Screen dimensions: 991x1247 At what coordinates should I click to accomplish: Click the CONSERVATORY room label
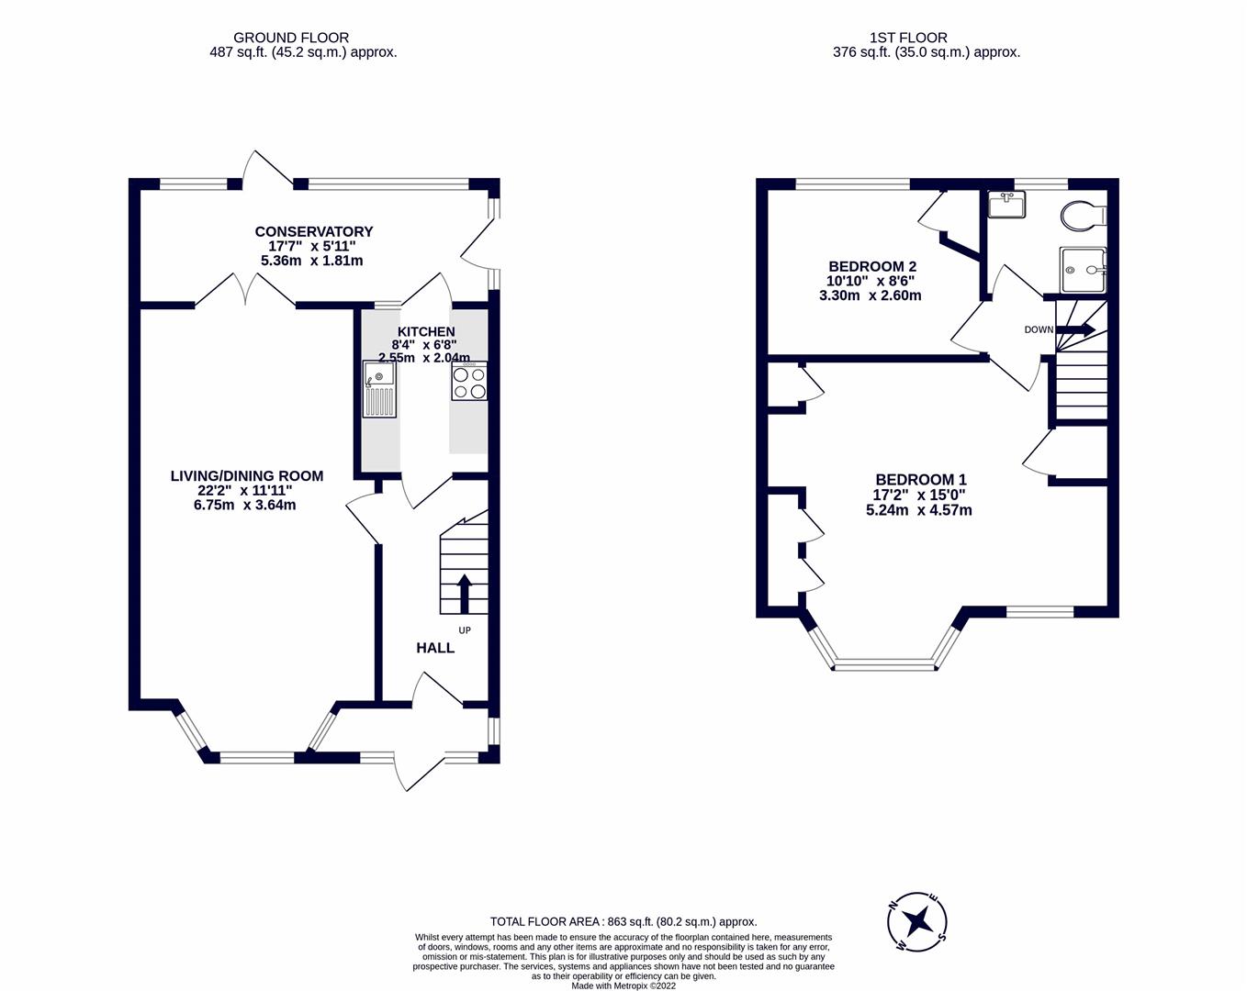point(313,231)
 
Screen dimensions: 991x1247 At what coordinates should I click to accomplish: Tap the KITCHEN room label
point(425,331)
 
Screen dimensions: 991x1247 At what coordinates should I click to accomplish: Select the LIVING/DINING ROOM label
point(246,475)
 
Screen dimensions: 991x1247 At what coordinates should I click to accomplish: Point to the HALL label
point(435,648)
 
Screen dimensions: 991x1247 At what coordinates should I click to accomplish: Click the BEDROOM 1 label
point(920,479)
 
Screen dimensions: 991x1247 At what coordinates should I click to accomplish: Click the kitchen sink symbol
point(379,389)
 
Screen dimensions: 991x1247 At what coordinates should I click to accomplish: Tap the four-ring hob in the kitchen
point(469,382)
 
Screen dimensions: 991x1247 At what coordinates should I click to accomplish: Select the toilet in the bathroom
point(1084,216)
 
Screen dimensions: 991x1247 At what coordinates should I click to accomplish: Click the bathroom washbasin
point(1006,204)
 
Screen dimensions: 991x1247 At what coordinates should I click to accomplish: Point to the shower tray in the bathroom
point(1083,270)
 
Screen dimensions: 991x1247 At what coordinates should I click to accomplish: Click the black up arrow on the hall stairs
point(464,593)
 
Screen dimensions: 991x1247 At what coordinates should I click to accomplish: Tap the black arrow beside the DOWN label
point(1076,329)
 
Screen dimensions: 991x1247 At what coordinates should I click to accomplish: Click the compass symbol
point(916,920)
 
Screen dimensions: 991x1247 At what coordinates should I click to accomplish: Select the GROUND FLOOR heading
point(291,38)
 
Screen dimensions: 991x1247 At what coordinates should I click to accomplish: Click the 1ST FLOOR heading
point(908,38)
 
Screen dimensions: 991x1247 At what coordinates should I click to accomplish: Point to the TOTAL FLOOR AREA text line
point(623,921)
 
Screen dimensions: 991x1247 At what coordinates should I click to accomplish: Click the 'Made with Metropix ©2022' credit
point(623,985)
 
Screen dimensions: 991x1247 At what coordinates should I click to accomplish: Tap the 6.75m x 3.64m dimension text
point(244,505)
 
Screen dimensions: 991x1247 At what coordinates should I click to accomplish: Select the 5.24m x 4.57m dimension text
point(918,510)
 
